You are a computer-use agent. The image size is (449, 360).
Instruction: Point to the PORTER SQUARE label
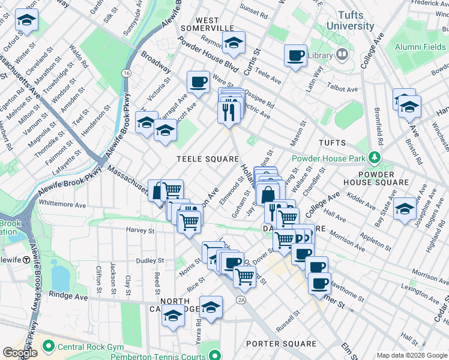click(x=280, y=344)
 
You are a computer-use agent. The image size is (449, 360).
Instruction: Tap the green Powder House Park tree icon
click(x=375, y=158)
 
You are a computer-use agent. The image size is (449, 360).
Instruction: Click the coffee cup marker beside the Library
click(x=295, y=56)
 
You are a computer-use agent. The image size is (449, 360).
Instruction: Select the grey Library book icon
click(x=342, y=55)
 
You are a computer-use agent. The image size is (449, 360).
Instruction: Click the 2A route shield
click(x=241, y=299)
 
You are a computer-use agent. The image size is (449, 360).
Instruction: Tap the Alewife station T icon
click(x=26, y=260)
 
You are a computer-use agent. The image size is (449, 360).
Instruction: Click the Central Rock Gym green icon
click(x=47, y=346)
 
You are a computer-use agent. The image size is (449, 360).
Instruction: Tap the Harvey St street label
click(x=140, y=230)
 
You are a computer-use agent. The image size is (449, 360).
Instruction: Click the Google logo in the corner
click(x=20, y=352)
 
